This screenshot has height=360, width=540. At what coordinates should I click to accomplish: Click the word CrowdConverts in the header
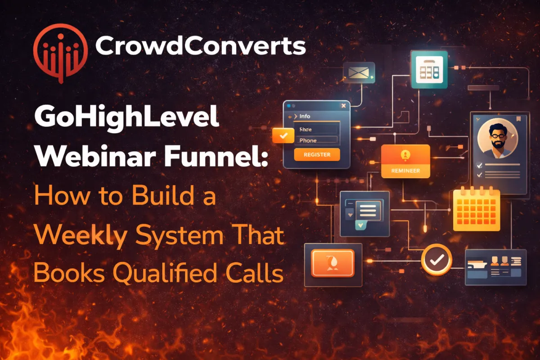tap(201, 46)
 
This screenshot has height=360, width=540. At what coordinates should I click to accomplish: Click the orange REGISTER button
tap(317, 154)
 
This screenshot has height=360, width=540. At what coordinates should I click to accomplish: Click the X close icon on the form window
tap(344, 106)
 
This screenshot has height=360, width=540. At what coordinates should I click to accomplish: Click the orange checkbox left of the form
tap(283, 135)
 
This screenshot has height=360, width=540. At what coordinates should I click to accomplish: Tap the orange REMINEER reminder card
tap(405, 161)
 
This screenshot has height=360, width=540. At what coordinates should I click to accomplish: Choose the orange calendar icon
tap(476, 210)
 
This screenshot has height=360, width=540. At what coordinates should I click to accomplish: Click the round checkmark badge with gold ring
tap(436, 259)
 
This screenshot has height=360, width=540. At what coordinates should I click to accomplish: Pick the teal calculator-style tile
tap(429, 69)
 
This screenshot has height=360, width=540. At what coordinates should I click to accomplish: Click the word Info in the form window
tap(305, 116)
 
